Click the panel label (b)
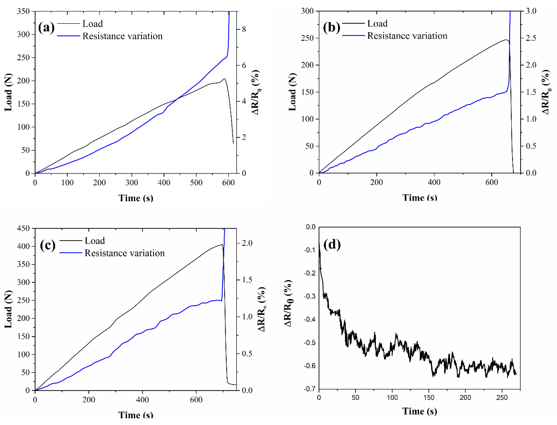pos(331,27)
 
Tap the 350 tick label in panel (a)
pos(23,11)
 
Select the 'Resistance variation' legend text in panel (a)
pos(123,36)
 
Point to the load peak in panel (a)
pos(224,79)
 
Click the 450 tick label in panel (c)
pos(23,228)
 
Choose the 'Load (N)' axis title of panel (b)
pos(292,92)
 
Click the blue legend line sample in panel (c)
pos(71,253)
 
